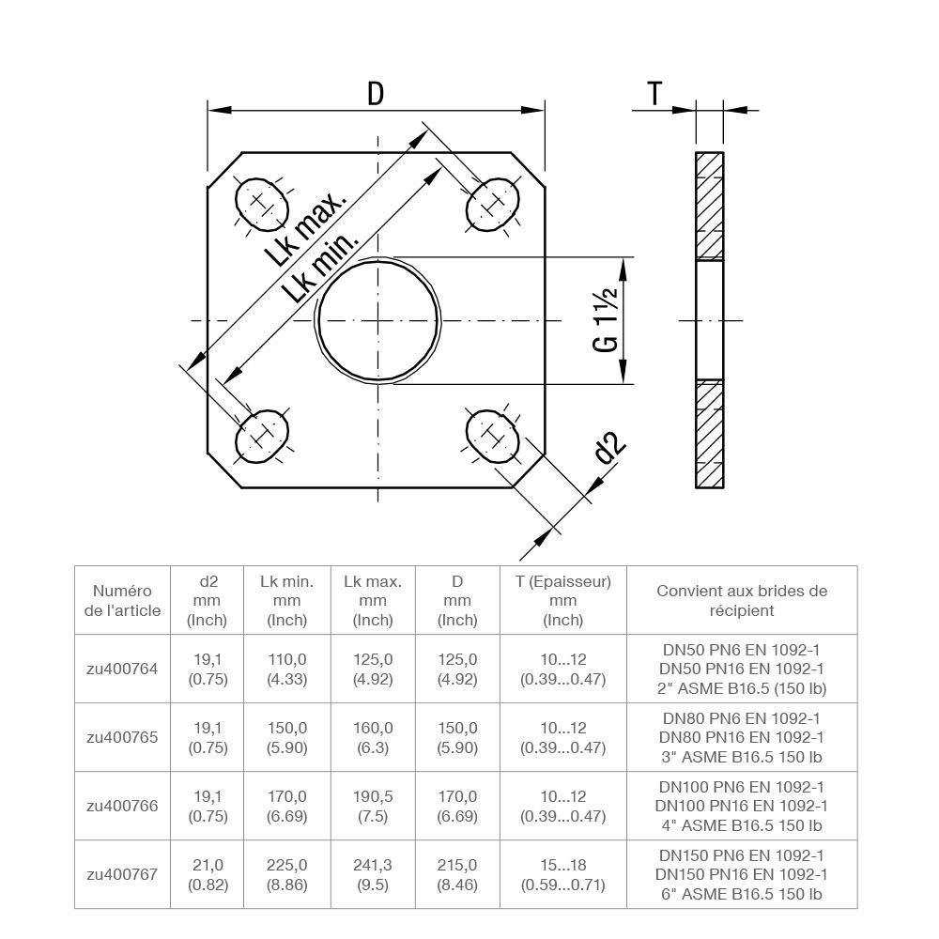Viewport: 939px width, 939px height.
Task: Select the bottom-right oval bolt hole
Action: coord(492,437)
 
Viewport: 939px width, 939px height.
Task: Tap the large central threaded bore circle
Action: coord(378,320)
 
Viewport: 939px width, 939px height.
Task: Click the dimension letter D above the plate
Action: coord(376,94)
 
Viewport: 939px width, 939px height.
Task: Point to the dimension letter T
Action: coord(654,94)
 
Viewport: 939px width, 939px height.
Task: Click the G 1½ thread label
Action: coord(606,320)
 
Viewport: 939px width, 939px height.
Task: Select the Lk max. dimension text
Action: coord(306,229)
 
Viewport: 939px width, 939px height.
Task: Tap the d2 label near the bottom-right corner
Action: coord(610,448)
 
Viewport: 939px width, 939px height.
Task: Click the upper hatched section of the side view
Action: coord(710,206)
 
